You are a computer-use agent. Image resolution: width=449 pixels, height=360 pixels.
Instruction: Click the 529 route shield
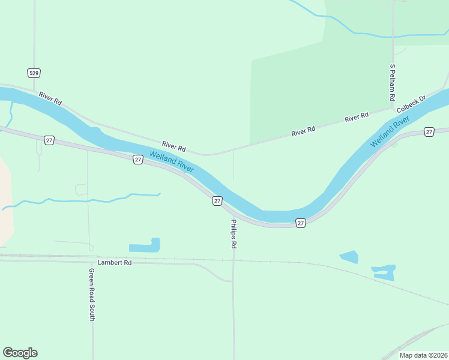[x=34, y=73]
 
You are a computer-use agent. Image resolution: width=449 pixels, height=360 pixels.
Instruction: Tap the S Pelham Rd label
[x=392, y=82]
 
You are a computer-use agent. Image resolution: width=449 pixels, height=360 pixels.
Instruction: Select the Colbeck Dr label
[x=411, y=103]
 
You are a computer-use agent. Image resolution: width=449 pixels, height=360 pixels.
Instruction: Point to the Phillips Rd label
[x=234, y=234]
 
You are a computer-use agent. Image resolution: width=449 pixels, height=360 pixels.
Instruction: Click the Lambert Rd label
[x=114, y=263]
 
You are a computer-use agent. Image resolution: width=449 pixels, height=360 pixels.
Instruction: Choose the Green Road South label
[x=92, y=295]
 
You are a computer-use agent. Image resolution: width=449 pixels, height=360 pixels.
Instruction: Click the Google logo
[x=20, y=353]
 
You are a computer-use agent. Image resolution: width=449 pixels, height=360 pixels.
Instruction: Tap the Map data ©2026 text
[x=423, y=356]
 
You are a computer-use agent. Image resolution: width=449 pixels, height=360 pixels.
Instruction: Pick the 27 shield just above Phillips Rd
[x=217, y=201]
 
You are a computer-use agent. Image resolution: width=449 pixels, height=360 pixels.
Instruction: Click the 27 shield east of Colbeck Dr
[x=429, y=131]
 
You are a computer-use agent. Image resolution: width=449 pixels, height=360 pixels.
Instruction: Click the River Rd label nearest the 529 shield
[x=50, y=98]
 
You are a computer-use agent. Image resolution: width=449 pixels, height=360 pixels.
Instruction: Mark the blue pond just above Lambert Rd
[x=145, y=246]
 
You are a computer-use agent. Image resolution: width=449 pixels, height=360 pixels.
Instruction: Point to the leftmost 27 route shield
[x=49, y=140]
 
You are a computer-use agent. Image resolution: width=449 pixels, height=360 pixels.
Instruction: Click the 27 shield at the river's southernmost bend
[x=301, y=223]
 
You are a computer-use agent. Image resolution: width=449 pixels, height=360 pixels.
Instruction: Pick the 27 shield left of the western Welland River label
[x=138, y=160]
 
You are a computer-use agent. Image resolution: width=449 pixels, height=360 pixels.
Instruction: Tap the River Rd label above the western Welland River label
[x=174, y=146]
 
